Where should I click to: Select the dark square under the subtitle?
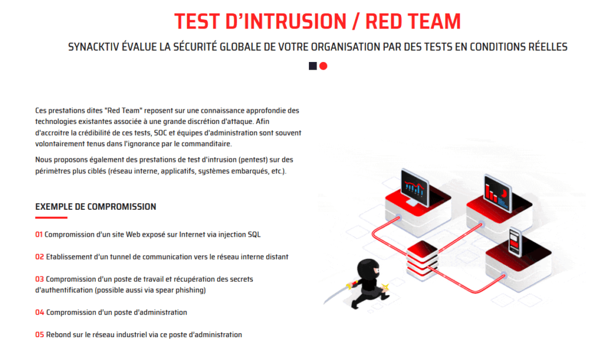(313, 66)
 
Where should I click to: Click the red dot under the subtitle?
(324, 66)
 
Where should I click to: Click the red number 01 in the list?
(39, 235)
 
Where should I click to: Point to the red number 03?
(39, 279)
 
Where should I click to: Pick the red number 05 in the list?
(39, 335)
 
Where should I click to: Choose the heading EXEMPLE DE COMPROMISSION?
(96, 207)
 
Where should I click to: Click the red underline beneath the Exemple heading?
(51, 217)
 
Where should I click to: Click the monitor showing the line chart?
(415, 188)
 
